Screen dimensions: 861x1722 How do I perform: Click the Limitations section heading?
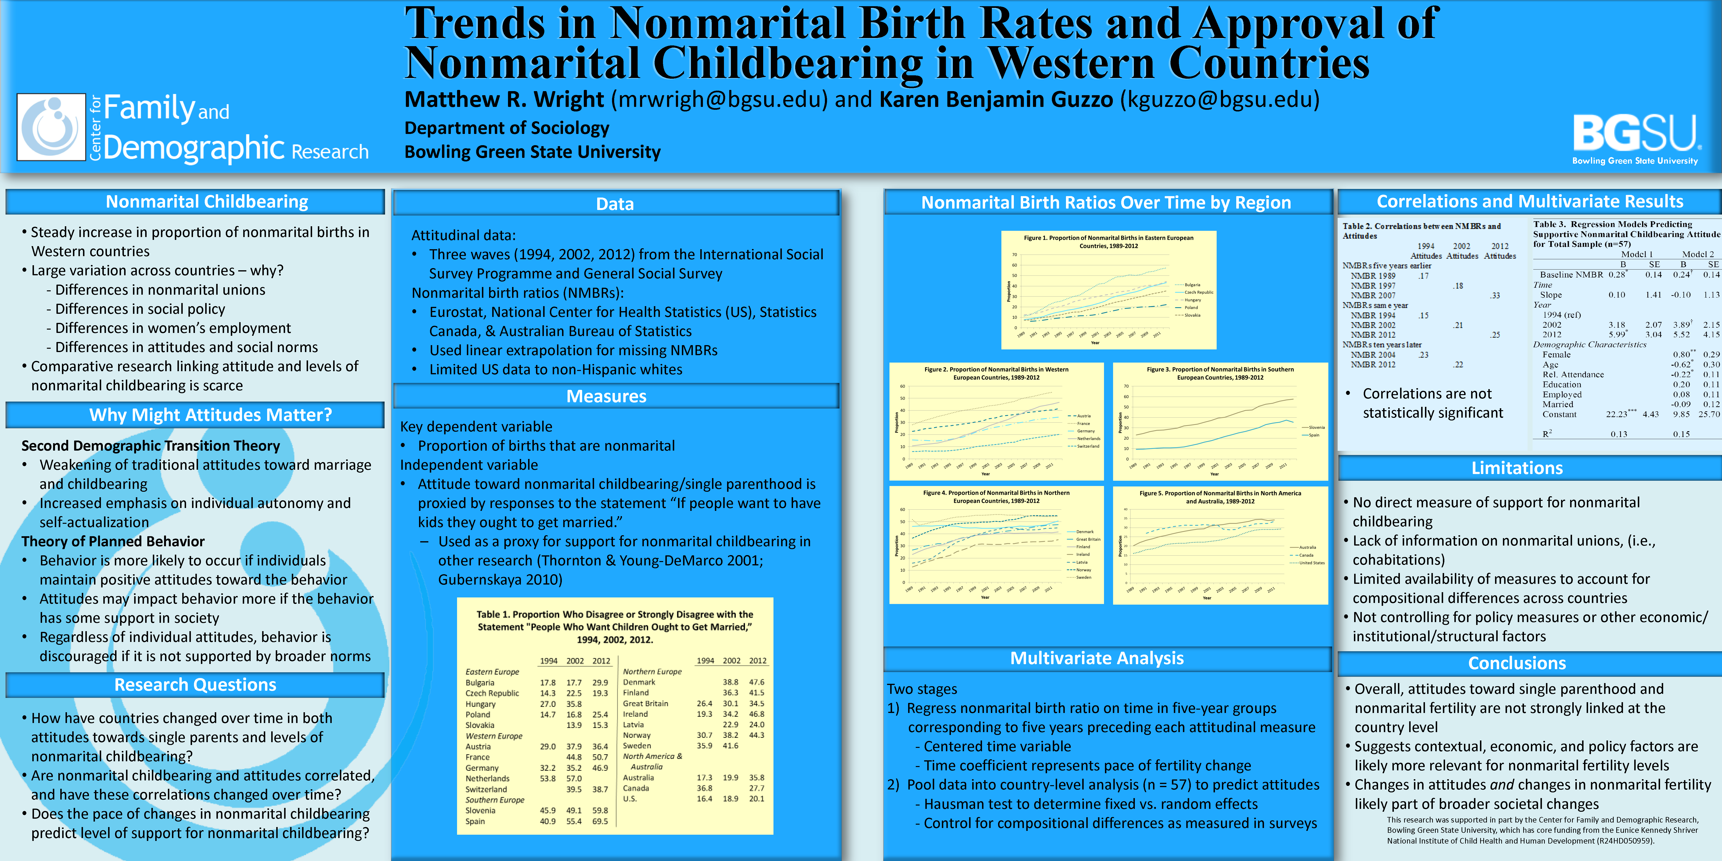[1517, 468]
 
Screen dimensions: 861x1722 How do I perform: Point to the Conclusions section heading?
[1517, 663]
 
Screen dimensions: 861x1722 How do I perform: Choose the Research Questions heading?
[195, 684]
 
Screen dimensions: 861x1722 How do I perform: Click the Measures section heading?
[606, 396]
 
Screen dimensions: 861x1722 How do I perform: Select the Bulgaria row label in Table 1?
[480, 683]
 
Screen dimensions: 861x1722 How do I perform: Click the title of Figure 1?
[1108, 241]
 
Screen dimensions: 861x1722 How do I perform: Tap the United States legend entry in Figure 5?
[1312, 563]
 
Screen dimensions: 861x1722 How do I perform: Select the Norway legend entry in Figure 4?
[1083, 569]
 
